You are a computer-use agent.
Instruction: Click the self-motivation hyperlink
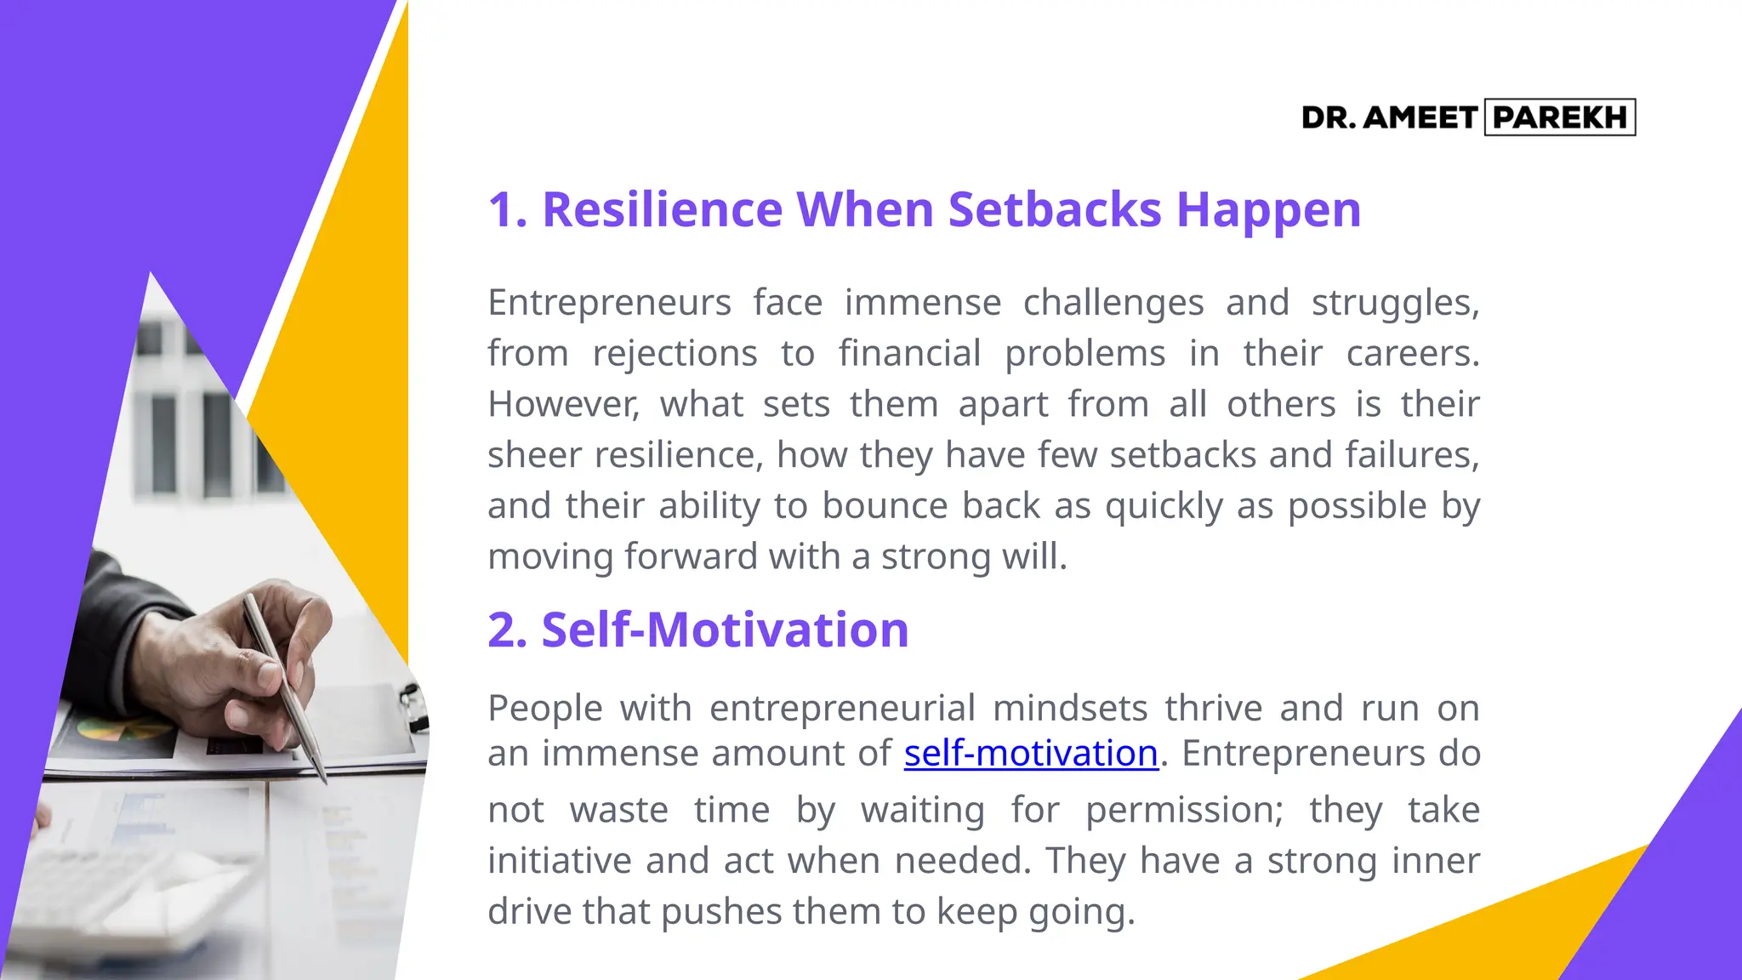click(1031, 754)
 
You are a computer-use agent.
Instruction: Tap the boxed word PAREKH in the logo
click(1560, 117)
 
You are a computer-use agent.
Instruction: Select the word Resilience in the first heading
click(662, 209)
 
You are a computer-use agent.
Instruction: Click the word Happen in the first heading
click(1268, 211)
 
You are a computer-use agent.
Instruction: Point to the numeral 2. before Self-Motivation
click(508, 630)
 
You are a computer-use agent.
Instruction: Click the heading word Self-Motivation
click(725, 630)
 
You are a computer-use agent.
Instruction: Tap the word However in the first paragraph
click(562, 404)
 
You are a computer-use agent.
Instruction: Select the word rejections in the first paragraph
click(675, 354)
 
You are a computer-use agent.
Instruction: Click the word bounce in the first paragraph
click(885, 506)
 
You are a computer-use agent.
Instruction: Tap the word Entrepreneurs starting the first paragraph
click(609, 303)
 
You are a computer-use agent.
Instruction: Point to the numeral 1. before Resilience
click(507, 209)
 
